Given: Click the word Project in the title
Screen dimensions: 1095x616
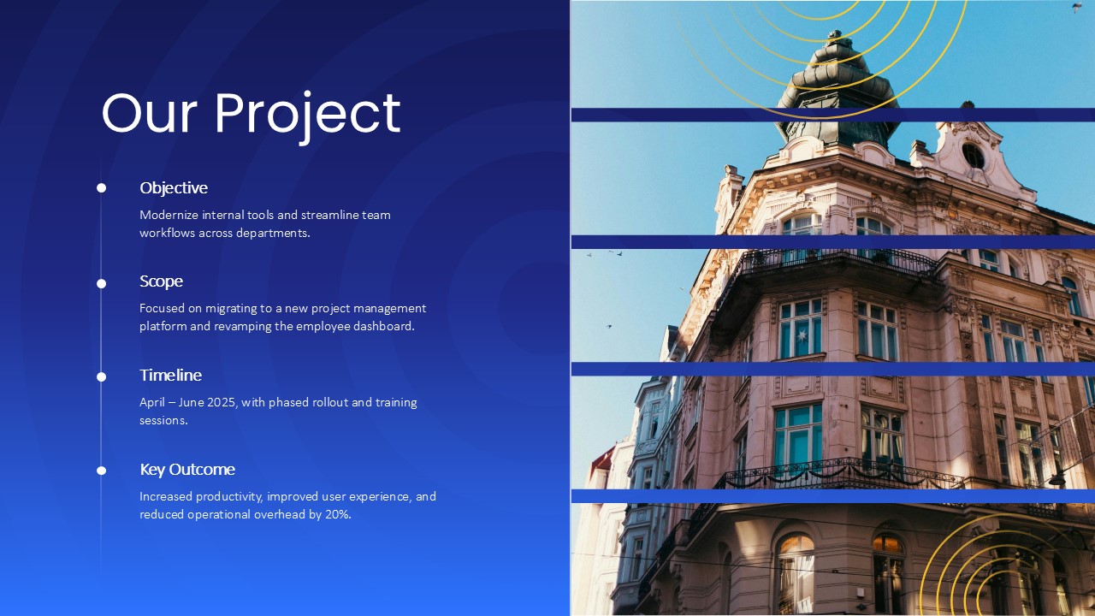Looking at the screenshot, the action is coord(308,116).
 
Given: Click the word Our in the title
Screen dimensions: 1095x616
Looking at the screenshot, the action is coord(150,114).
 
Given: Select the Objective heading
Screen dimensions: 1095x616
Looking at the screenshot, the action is coord(174,187).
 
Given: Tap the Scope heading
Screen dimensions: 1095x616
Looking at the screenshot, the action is coord(161,281).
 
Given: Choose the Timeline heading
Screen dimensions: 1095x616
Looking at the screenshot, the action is coord(170,375).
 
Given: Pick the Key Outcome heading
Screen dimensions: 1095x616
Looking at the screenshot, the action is coord(187,470).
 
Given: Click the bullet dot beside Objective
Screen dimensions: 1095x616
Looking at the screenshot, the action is coord(101,187).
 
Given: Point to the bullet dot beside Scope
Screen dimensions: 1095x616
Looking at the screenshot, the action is coord(101,283).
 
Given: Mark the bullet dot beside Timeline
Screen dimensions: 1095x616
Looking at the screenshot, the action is coord(101,377).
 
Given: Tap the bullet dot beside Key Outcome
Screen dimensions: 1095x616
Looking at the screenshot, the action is coord(101,471).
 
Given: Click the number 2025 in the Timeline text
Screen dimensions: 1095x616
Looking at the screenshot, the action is coord(222,402).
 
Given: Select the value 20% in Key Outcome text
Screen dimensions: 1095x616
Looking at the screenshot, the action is coord(338,514).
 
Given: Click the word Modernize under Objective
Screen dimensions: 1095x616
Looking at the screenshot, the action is coord(169,215).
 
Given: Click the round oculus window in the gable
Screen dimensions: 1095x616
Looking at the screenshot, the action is coord(973,156).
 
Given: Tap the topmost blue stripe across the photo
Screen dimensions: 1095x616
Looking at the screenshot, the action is coord(833,115).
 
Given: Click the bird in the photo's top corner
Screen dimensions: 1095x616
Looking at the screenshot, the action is coord(1077,7).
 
